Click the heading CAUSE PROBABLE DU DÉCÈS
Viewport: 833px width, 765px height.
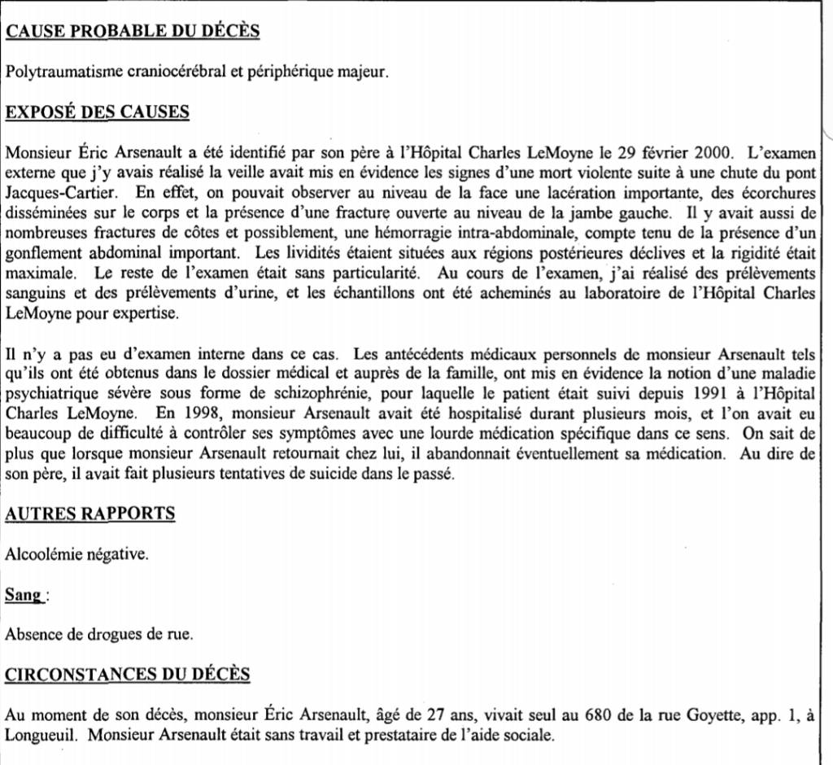(133, 32)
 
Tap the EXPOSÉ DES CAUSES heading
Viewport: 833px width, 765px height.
(98, 112)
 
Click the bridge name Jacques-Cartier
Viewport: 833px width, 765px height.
(62, 194)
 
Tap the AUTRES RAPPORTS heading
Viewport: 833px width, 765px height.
(90, 514)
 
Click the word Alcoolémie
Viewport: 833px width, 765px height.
(42, 553)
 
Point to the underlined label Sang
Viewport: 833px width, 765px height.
(23, 594)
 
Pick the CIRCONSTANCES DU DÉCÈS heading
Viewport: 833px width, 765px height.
(128, 675)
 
